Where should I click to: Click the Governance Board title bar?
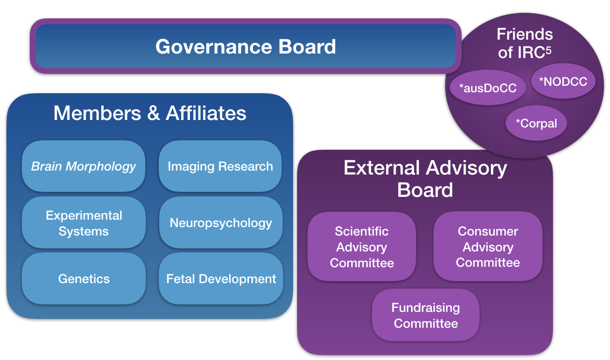245,46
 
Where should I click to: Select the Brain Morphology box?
83,166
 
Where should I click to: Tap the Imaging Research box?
220,166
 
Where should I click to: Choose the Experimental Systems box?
84,223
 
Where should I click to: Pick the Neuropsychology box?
221,223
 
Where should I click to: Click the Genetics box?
84,279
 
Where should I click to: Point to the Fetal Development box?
221,279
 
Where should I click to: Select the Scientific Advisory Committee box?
362,247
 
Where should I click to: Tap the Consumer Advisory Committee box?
488,246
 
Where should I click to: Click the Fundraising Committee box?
426,315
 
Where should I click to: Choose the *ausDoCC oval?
488,88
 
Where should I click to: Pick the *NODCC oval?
563,81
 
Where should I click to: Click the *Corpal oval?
536,123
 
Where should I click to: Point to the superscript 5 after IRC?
548,50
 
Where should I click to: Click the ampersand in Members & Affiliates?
153,113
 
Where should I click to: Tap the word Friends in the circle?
525,34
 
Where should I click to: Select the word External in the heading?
381,168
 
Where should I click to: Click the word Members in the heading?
97,113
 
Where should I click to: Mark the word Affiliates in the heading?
206,113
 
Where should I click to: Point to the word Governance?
214,46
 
